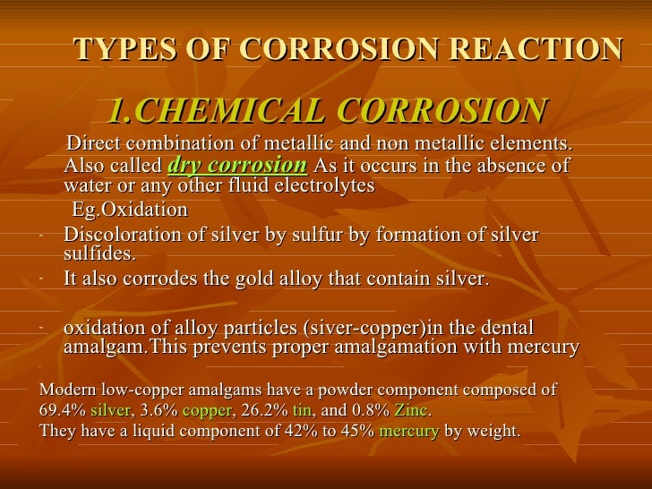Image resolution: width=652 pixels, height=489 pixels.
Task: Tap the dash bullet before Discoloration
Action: tap(42, 236)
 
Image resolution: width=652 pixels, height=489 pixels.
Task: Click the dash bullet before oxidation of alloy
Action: tap(42, 329)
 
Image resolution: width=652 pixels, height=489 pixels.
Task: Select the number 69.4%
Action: tap(63, 410)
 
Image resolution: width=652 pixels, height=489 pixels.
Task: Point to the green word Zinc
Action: tap(411, 410)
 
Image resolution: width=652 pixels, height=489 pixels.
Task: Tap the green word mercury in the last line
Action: tap(409, 431)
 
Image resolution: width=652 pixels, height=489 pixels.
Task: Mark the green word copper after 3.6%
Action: tap(204, 410)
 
